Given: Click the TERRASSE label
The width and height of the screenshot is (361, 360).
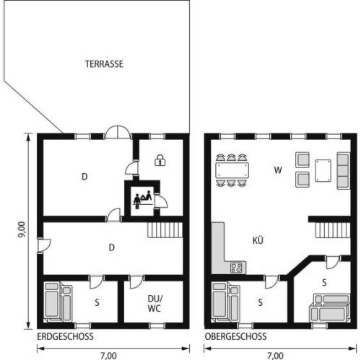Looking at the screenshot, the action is tap(104, 63).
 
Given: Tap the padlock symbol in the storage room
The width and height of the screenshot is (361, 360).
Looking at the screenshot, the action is tap(160, 160).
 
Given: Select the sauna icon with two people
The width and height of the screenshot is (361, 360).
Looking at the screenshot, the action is tap(143, 199).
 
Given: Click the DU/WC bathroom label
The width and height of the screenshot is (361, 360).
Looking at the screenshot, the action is tap(155, 303).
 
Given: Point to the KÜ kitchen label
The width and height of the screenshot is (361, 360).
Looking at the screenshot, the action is tap(258, 240).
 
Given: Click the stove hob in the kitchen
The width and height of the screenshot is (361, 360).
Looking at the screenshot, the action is tap(236, 268).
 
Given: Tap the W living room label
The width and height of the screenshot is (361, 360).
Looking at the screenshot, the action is tap(278, 170).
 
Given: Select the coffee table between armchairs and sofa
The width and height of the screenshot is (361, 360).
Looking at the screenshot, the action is tap(323, 170).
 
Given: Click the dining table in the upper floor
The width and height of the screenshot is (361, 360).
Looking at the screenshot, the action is tap(232, 170).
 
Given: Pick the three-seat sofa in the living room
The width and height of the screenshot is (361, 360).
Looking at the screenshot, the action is tap(343, 170).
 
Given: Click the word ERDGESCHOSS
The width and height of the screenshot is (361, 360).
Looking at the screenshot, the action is tap(65, 336).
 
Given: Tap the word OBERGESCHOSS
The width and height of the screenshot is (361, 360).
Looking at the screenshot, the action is tap(235, 336).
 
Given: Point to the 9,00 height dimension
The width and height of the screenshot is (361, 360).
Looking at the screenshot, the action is tap(22, 229).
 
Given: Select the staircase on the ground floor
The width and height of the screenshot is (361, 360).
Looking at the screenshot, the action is tap(165, 230).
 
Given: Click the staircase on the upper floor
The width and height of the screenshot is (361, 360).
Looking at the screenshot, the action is tap(333, 230).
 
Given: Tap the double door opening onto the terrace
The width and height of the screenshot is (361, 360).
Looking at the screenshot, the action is tap(118, 132).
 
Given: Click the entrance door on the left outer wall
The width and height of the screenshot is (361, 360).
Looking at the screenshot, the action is tap(44, 245).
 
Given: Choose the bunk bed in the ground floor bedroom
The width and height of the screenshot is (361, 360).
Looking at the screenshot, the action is tap(58, 302).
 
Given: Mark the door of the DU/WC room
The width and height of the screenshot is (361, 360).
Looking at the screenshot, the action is tap(136, 282).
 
